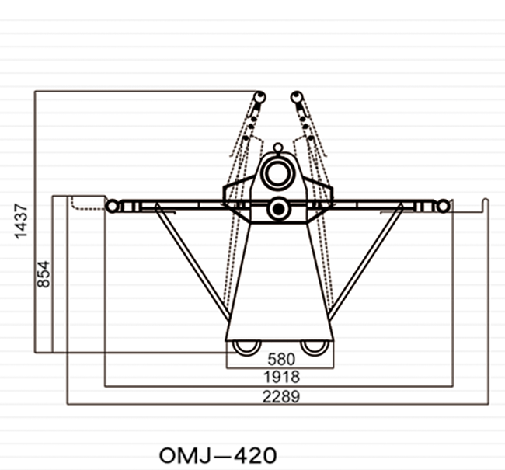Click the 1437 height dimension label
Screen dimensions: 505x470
click(x=21, y=221)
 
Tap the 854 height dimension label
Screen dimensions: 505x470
click(x=44, y=274)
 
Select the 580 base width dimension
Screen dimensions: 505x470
click(x=281, y=359)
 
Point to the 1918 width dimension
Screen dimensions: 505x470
click(x=281, y=377)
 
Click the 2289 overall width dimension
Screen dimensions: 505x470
click(x=281, y=396)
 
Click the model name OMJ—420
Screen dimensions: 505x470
click(x=218, y=455)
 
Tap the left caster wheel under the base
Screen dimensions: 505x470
click(x=247, y=348)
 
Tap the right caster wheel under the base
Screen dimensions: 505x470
click(x=315, y=348)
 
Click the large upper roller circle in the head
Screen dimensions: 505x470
click(x=277, y=174)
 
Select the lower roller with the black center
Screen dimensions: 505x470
click(x=279, y=209)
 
